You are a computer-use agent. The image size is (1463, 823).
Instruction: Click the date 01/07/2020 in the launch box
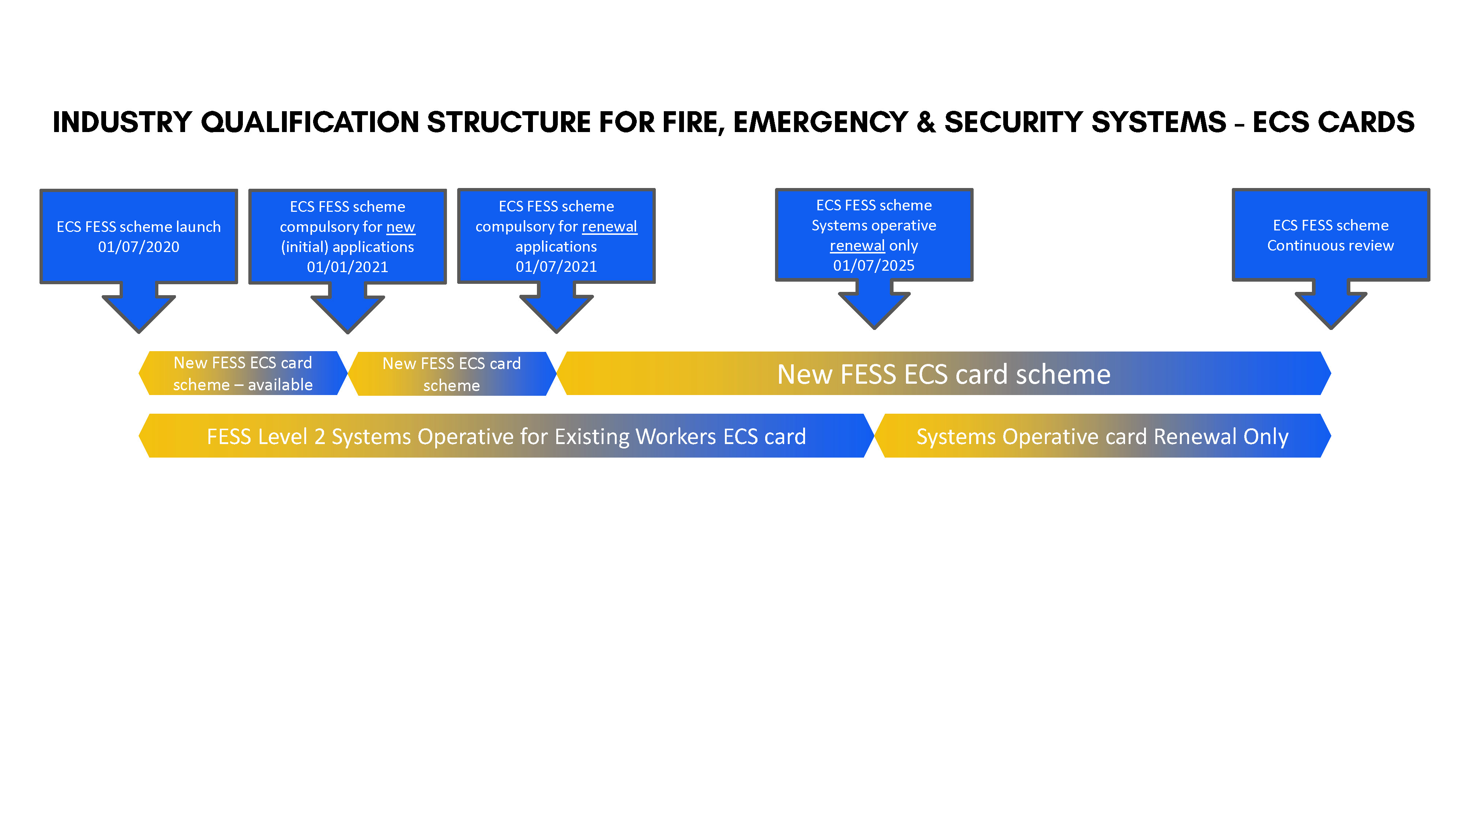[x=139, y=247]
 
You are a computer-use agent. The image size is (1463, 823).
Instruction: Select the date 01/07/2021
[x=556, y=266]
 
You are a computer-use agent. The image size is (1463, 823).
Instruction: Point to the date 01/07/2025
[x=874, y=265]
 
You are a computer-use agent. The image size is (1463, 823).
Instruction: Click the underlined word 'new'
[x=401, y=227]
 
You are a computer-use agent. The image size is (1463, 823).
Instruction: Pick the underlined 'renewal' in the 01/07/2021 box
[x=609, y=227]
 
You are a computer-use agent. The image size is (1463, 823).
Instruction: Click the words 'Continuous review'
[x=1331, y=245]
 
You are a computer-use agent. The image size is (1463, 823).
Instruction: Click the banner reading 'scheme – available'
[x=243, y=373]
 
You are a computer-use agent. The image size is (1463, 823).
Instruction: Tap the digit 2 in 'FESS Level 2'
[x=320, y=437]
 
